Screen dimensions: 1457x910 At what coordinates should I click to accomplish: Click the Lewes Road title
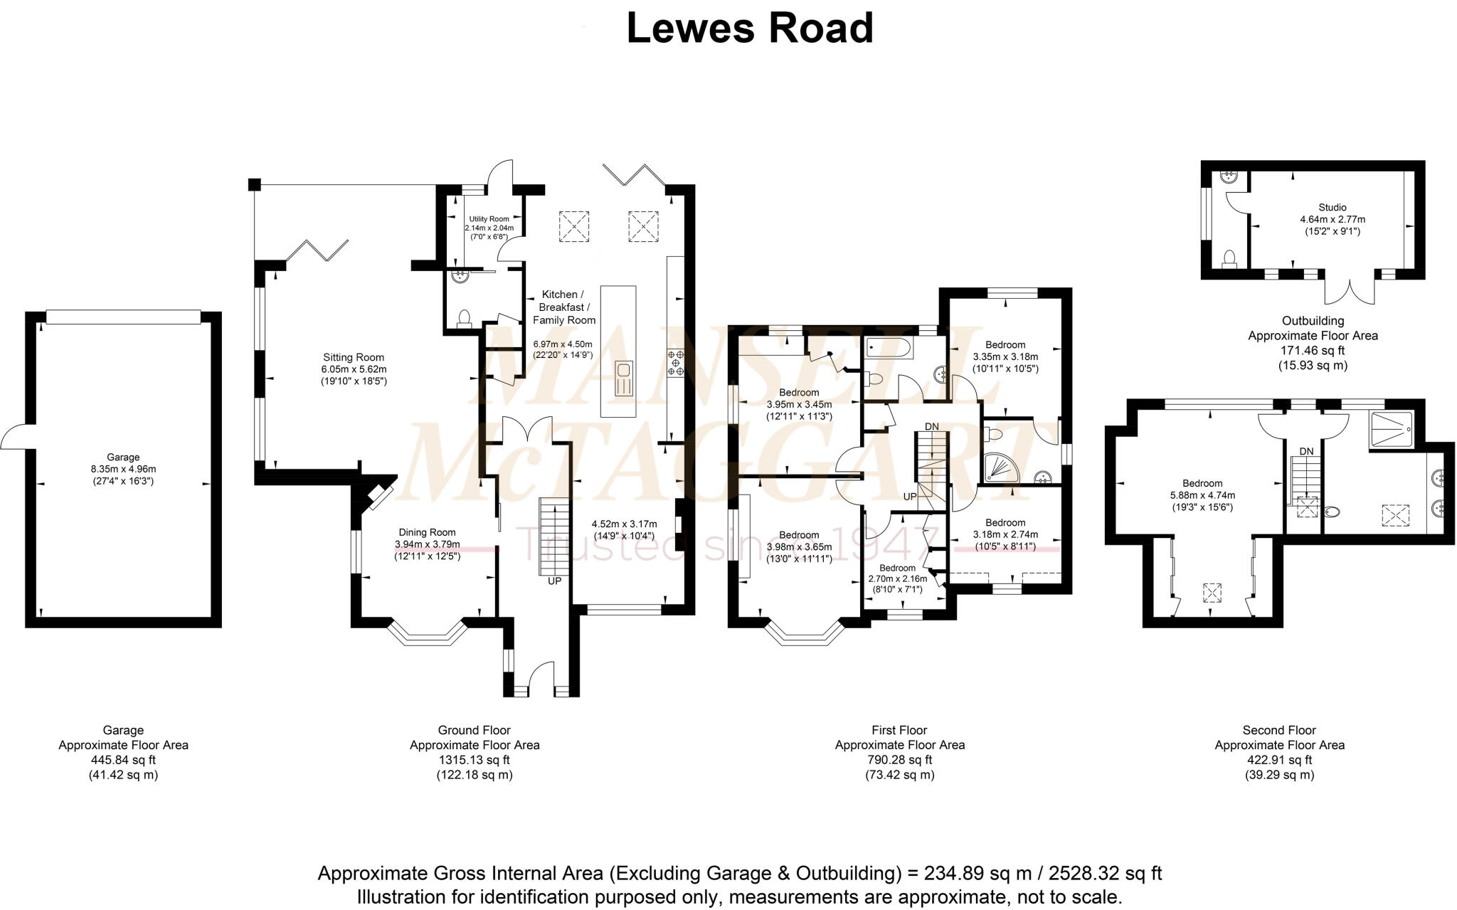[750, 28]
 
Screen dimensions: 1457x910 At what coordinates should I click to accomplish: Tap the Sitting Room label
[354, 357]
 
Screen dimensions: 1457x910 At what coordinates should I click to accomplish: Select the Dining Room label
[427, 532]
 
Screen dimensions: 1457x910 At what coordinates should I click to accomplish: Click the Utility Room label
[489, 219]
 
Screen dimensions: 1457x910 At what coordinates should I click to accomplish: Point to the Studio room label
[1333, 208]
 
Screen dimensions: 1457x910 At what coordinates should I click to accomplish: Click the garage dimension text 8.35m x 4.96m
[123, 469]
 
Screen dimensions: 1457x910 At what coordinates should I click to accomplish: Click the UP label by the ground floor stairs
[554, 581]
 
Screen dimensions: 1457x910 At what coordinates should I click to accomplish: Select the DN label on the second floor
[1306, 451]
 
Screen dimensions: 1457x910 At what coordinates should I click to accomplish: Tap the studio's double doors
[1349, 291]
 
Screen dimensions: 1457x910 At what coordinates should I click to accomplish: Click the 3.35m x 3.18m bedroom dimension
[1005, 356]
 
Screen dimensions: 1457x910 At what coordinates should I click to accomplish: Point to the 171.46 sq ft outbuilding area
[1313, 350]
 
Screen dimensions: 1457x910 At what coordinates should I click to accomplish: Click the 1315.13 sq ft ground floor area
[475, 760]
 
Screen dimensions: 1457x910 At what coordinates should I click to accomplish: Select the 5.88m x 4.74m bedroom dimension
[1202, 495]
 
